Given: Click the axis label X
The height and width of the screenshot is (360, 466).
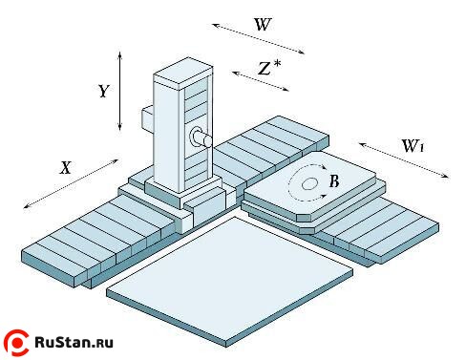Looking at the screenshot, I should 66,167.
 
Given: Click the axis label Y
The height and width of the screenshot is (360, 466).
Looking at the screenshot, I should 102,92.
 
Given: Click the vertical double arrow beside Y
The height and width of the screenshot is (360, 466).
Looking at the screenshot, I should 120,93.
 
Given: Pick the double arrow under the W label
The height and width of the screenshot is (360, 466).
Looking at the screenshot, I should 258,39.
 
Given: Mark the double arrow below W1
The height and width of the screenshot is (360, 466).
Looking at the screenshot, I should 403,160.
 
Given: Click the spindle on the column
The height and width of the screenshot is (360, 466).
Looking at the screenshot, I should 201,138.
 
